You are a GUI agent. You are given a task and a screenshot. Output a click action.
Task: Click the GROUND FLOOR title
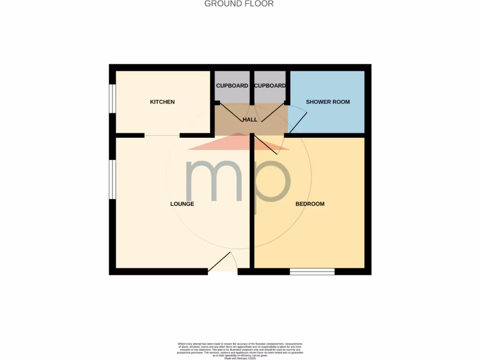(239, 4)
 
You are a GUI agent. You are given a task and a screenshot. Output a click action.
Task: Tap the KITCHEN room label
(162, 102)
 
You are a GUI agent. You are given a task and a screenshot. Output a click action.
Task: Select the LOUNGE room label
(182, 204)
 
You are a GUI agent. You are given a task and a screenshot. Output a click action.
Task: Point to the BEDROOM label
(310, 204)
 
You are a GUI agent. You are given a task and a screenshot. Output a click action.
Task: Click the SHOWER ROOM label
(328, 102)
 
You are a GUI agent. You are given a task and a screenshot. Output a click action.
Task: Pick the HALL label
(250, 120)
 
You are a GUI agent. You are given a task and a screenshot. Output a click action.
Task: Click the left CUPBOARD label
(232, 86)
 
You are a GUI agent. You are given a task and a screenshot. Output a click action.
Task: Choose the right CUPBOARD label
(270, 86)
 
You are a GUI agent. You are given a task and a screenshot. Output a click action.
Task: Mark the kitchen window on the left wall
(112, 98)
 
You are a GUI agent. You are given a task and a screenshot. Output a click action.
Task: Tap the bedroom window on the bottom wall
(312, 271)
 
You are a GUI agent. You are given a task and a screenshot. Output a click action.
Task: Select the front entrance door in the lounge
(220, 262)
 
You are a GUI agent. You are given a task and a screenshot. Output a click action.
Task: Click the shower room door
(298, 120)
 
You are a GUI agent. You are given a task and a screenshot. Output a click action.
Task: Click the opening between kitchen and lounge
(162, 135)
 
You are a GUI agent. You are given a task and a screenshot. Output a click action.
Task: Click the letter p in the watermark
(272, 185)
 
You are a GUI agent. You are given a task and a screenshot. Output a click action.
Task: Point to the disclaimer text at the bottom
(240, 351)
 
